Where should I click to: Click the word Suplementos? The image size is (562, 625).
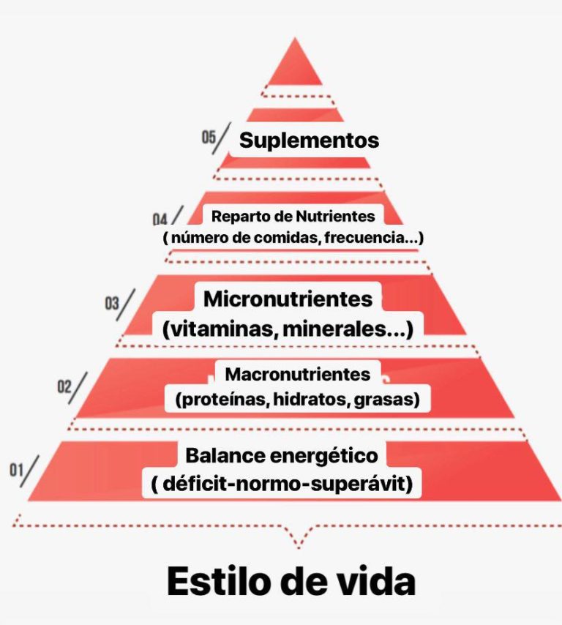309,141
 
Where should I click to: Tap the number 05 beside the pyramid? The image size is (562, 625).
209,137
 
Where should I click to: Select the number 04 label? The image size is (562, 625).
160,220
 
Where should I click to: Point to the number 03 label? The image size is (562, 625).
112,303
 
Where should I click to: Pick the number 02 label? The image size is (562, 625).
64,386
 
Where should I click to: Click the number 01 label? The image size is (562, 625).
16,470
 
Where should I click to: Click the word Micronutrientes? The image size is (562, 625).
288,299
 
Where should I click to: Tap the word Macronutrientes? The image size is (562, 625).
297,374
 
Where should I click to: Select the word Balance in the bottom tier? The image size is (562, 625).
225,455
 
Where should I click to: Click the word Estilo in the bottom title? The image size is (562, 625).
221,581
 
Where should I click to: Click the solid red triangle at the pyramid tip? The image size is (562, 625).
295,66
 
